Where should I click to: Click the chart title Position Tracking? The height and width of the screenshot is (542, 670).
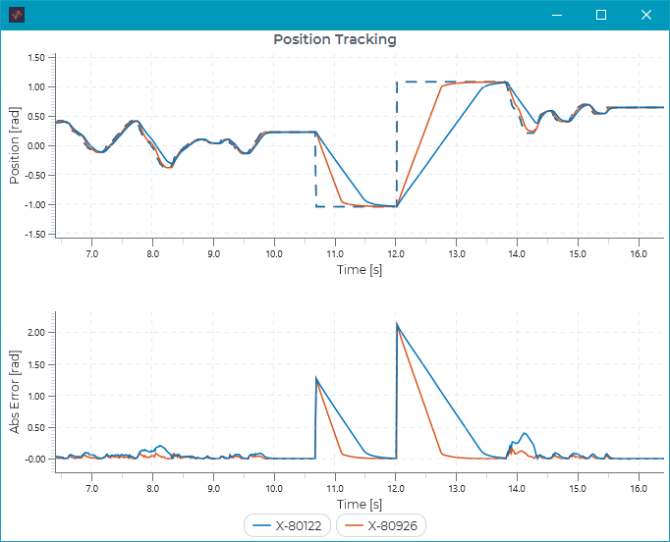pos(334,40)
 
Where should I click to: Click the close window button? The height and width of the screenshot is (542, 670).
pos(645,15)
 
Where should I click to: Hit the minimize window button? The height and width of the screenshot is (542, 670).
pos(556,15)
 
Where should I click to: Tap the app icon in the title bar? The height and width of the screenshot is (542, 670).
pos(17,15)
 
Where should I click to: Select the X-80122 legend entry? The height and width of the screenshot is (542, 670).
pos(288,525)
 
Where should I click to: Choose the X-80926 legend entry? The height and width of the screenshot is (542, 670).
pos(381,525)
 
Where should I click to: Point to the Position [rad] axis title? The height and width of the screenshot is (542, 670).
pos(15,145)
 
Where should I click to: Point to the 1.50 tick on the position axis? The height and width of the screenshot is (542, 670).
pos(36,58)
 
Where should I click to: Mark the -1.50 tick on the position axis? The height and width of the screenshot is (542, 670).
pos(34,235)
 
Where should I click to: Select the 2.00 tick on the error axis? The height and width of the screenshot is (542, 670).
pos(36,333)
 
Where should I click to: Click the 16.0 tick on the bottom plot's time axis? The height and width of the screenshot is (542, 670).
pos(638,488)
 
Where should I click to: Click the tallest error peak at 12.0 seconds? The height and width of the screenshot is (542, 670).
pos(397,323)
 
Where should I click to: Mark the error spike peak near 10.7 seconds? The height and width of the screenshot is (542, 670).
pos(315,378)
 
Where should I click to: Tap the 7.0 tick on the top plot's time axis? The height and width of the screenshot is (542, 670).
pos(92,253)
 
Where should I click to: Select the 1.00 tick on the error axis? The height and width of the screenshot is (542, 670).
pos(36,396)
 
